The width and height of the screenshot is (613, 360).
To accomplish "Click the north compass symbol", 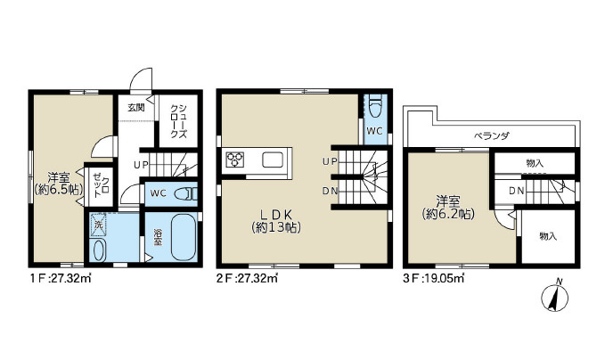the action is tap(555, 298).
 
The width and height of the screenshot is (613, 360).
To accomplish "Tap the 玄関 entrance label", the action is tap(135, 108).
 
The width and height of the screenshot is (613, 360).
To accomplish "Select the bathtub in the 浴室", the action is tap(184, 237).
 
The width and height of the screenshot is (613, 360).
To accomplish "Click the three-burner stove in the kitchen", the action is tap(234, 160).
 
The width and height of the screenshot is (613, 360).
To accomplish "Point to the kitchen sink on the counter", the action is tap(273, 160).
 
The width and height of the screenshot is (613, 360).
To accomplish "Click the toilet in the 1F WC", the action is tap(185, 193).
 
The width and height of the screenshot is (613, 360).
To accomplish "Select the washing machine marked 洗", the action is tap(98, 225).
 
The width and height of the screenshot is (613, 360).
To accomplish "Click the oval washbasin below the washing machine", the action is tap(98, 250).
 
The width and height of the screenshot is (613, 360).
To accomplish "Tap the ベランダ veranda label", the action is tap(492, 135).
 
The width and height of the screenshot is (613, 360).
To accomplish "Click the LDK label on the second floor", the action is tap(276, 214).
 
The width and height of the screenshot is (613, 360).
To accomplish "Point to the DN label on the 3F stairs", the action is tap(517, 192).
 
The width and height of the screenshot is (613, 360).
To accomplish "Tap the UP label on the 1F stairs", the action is tap(141, 166).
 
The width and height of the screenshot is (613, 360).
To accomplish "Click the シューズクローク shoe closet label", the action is tap(178, 121).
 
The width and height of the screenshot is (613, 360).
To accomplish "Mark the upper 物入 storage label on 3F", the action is tap(535, 162).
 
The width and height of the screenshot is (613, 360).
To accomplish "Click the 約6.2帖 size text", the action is tap(448, 214).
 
